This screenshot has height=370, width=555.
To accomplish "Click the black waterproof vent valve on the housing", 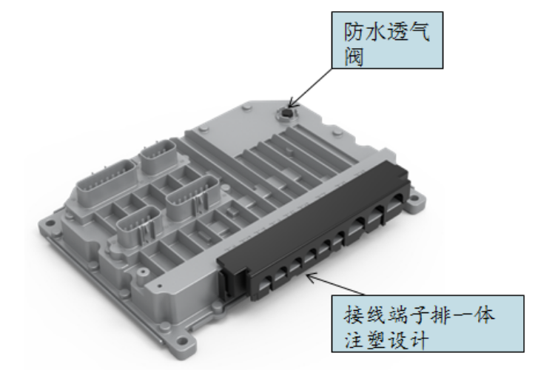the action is tap(286, 113).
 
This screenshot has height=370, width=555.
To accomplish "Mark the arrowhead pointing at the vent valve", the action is tap(292, 104).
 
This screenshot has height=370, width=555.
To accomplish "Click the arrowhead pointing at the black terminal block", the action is tap(310, 277).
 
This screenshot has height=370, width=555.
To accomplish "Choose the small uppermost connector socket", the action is tap(158, 157).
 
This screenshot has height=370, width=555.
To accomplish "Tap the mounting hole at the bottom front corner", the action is tap(182, 341).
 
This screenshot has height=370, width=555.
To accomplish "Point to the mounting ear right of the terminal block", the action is tap(417, 203).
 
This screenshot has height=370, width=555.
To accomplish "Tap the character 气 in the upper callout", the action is tap(420, 33).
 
